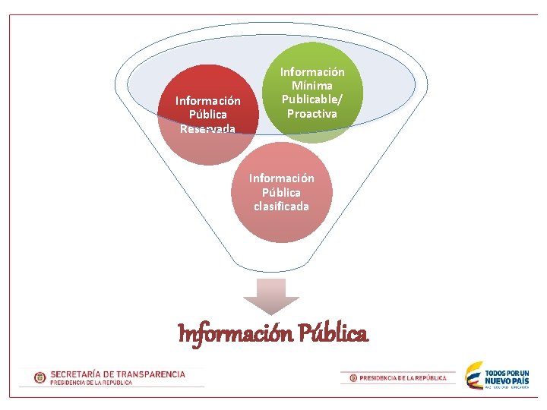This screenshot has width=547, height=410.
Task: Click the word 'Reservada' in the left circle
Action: click(x=207, y=128)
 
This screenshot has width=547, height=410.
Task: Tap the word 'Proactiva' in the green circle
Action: click(x=312, y=114)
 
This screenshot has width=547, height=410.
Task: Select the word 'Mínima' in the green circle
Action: click(x=312, y=86)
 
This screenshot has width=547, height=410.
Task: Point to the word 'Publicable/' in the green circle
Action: click(x=312, y=99)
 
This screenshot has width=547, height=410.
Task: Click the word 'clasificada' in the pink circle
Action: click(x=282, y=207)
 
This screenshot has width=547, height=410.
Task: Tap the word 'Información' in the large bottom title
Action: click(x=236, y=333)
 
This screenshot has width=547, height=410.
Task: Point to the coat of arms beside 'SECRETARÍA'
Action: click(x=40, y=377)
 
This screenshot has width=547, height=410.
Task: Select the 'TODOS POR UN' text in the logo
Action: click(x=507, y=373)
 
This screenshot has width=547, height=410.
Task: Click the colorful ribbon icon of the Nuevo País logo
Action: click(x=474, y=376)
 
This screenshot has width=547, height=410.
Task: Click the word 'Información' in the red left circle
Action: click(x=207, y=100)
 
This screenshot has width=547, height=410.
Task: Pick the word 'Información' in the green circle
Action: click(x=312, y=72)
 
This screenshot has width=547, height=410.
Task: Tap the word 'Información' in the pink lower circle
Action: click(x=282, y=178)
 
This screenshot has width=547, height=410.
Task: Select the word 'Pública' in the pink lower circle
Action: click(x=282, y=192)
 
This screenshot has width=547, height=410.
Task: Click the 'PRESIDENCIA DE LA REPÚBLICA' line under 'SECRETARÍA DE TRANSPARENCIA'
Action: click(x=92, y=383)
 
